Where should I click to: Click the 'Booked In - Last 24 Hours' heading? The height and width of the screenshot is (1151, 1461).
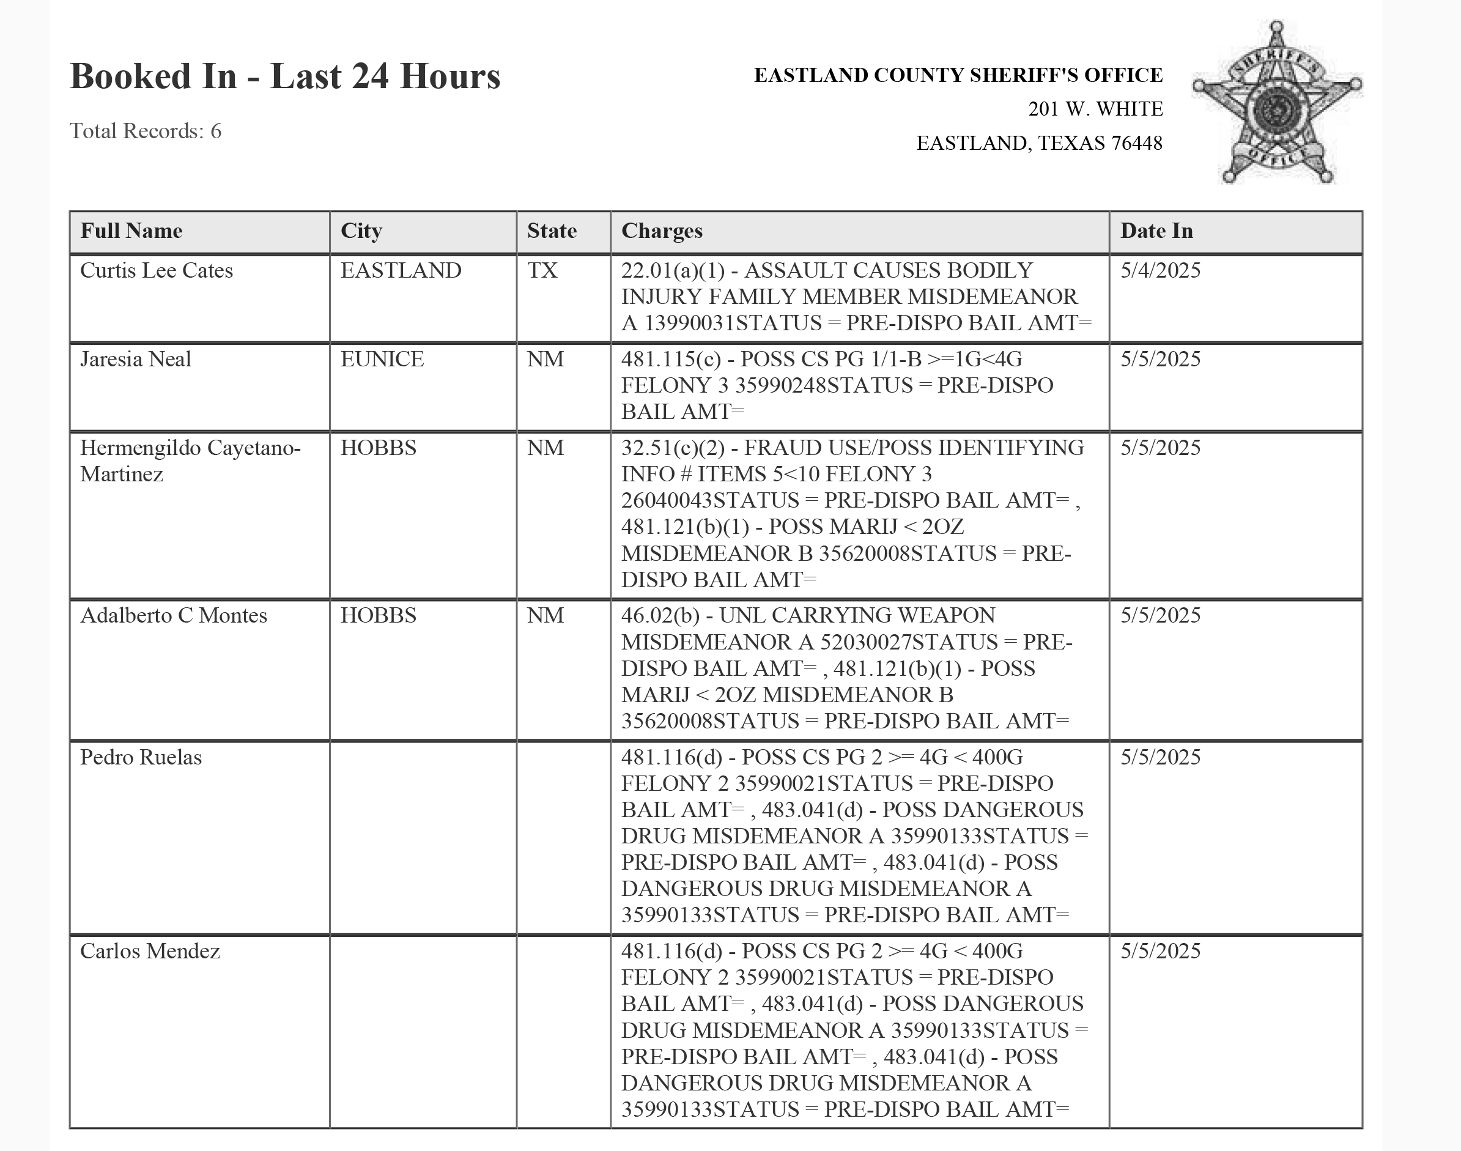pyautogui.click(x=285, y=75)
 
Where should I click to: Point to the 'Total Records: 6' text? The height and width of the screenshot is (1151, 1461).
pyautogui.click(x=146, y=131)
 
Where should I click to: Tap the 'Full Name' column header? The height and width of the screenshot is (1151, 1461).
pyautogui.click(x=131, y=231)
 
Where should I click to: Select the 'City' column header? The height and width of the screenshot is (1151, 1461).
pyautogui.click(x=361, y=231)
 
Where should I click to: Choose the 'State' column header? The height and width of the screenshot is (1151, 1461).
pyautogui.click(x=552, y=231)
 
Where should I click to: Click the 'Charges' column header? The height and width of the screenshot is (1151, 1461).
pyautogui.click(x=662, y=231)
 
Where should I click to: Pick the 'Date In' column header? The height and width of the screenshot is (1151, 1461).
pyautogui.click(x=1156, y=231)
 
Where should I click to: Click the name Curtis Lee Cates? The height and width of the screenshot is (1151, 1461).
pyautogui.click(x=157, y=270)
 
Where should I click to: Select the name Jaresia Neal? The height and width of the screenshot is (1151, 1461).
pyautogui.click(x=135, y=359)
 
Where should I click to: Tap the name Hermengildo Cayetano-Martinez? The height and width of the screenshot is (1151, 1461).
pyautogui.click(x=190, y=461)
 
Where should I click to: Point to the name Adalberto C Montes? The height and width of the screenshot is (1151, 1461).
pyautogui.click(x=173, y=615)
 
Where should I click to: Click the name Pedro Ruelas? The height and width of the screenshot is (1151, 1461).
pyautogui.click(x=141, y=758)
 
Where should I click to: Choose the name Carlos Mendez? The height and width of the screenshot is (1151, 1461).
pyautogui.click(x=150, y=951)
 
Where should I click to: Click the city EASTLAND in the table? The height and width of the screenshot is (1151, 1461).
pyautogui.click(x=401, y=270)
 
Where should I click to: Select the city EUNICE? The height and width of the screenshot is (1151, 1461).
pyautogui.click(x=382, y=359)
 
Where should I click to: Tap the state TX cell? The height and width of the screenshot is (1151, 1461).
pyautogui.click(x=542, y=270)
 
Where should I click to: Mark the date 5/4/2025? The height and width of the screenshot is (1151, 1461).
pyautogui.click(x=1161, y=270)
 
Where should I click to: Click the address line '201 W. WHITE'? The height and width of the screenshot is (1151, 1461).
pyautogui.click(x=1095, y=109)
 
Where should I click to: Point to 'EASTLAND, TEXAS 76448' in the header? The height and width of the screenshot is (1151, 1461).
pyautogui.click(x=1039, y=144)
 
